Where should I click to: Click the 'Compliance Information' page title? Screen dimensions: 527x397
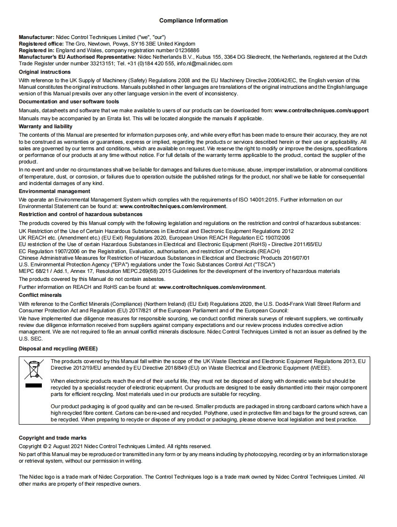193,21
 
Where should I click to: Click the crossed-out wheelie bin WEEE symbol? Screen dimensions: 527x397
33,369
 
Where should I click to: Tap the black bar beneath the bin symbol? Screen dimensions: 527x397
33,386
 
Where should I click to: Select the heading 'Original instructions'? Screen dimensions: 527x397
45,72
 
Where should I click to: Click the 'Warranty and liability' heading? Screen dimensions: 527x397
46,126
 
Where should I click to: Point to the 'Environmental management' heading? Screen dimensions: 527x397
54,191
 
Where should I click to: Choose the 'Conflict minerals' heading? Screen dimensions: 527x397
40,295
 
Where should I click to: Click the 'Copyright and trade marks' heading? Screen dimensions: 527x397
53,438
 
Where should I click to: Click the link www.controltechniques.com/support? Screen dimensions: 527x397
321,110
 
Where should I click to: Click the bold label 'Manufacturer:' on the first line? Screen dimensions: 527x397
36,37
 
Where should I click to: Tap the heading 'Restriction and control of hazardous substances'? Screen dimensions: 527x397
80,214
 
